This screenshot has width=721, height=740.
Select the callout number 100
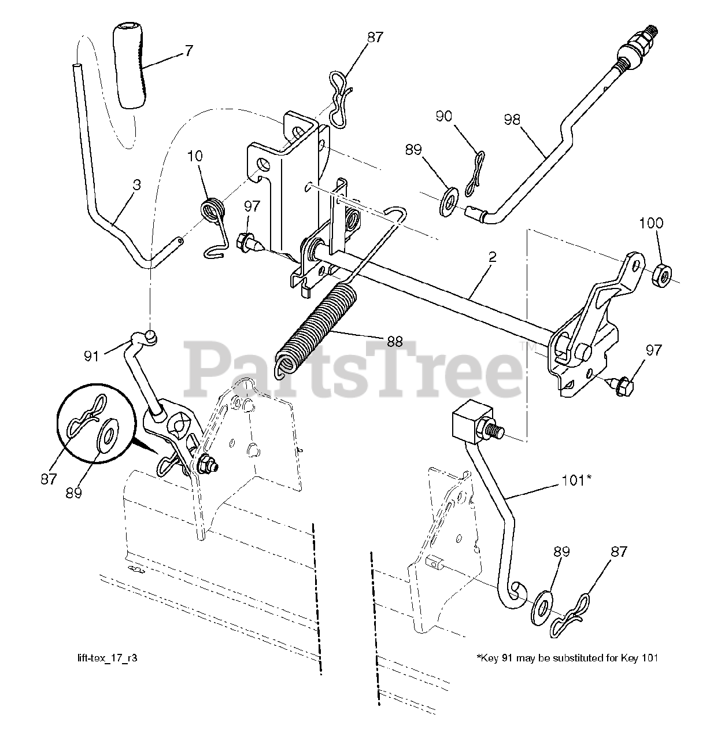tap(652, 223)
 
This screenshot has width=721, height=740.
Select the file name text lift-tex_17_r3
tap(107, 658)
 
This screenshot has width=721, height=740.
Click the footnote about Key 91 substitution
tap(567, 658)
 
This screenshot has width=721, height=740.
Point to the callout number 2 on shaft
tap(492, 258)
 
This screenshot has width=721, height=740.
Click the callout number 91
tap(92, 356)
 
